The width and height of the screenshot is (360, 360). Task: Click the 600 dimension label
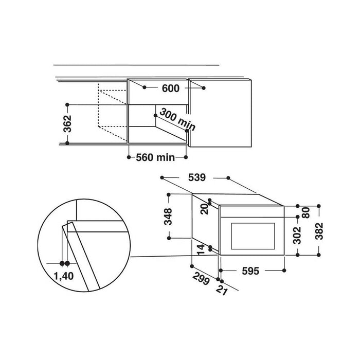point(170,88)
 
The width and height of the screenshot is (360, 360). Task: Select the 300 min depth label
point(173,119)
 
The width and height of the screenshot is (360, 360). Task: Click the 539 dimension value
point(196,178)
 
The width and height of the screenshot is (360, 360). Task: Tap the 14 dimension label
point(204,250)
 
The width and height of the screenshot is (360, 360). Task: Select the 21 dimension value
point(221,289)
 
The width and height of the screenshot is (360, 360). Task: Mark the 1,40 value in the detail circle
point(64,276)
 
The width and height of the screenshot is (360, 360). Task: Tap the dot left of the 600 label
point(145,88)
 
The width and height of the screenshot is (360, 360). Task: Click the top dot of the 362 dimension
point(67,104)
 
